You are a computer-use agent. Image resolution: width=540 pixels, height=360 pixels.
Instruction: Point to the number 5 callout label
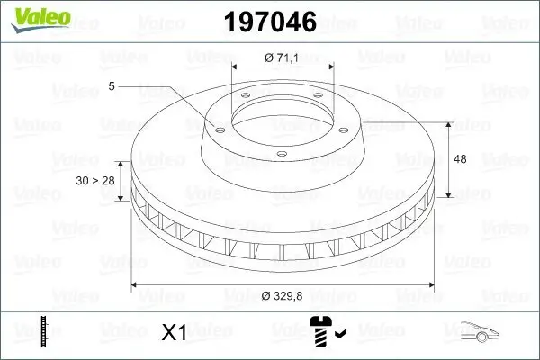pyautogui.click(x=111, y=86)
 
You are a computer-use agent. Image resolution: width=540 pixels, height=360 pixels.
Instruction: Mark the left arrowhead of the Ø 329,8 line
pyautogui.click(x=136, y=285)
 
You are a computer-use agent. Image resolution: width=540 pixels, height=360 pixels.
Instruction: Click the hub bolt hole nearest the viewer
pyautogui.click(x=281, y=155)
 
